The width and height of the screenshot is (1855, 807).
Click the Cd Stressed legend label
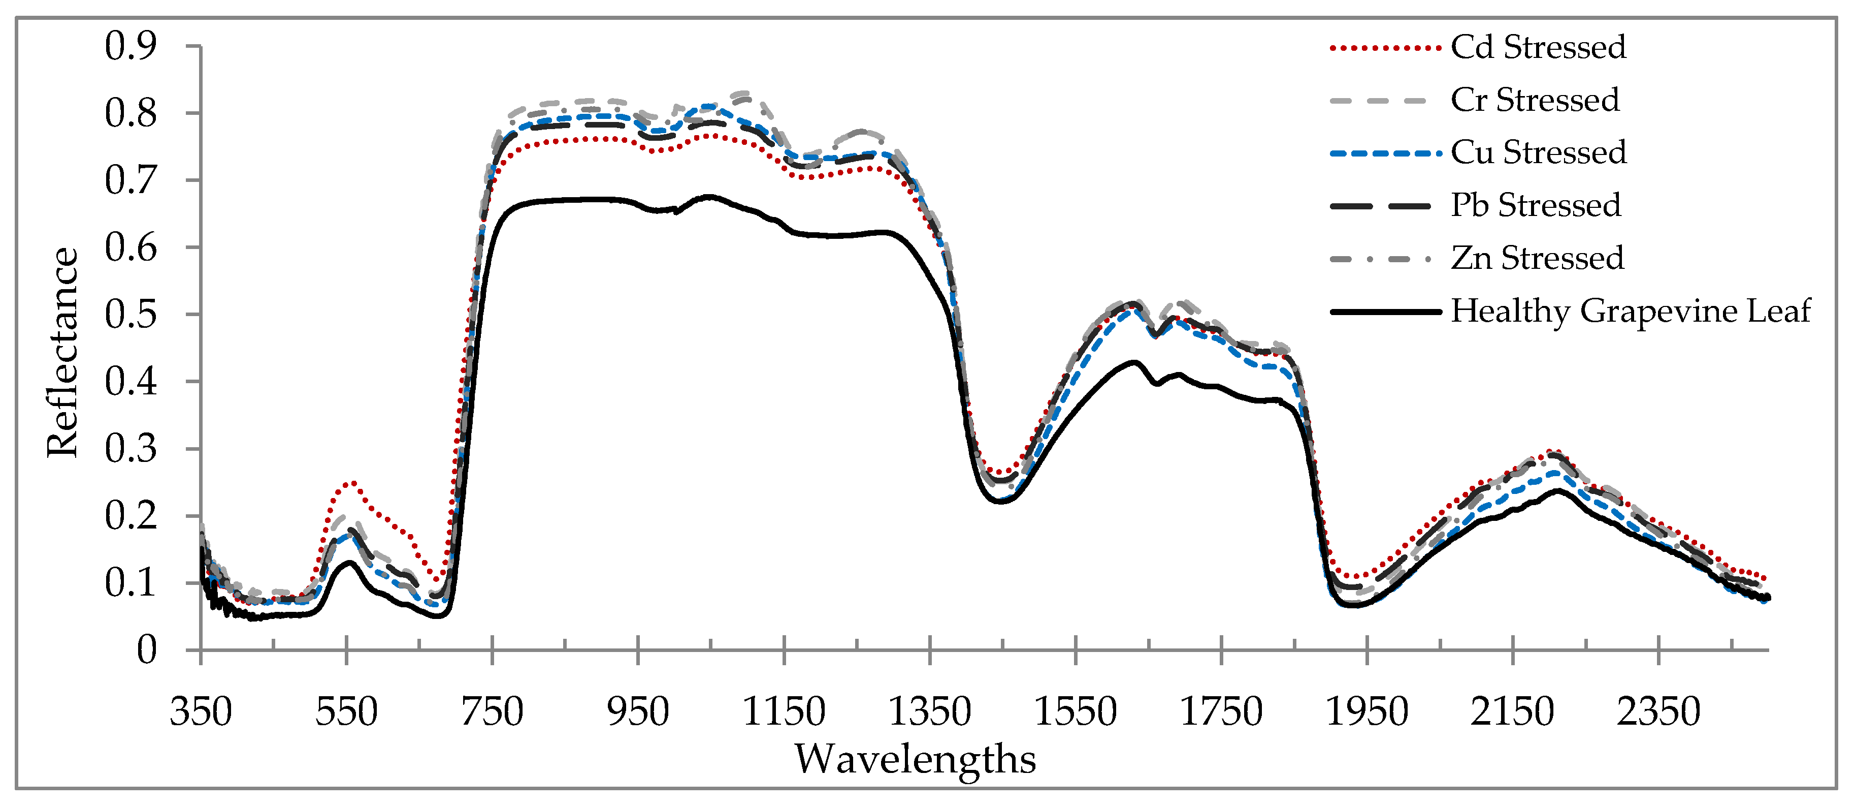pos(1538,48)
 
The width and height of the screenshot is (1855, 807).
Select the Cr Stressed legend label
pos(1535,100)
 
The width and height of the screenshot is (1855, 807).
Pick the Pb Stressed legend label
pos(1535,205)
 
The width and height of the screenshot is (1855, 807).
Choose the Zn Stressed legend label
pos(1537,258)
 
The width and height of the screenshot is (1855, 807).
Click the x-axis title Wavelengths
pos(915,759)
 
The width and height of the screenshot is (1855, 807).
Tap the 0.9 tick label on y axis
pos(131,46)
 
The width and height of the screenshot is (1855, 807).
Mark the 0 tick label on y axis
pos(146,650)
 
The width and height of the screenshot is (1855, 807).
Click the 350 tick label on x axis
pos(200,712)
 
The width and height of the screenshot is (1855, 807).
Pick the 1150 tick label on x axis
pos(784,712)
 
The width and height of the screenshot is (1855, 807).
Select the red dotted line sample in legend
pos(1384,48)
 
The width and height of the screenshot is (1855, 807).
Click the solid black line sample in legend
pos(1384,312)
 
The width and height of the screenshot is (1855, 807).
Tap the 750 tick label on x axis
pos(492,712)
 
